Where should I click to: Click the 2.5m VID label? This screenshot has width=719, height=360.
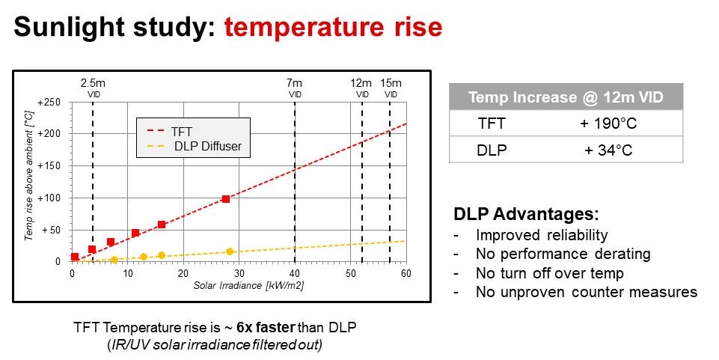point(94,88)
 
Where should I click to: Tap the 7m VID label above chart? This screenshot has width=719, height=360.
point(295,88)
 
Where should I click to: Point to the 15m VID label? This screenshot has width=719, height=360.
point(391,88)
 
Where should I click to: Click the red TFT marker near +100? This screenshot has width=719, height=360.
point(225,199)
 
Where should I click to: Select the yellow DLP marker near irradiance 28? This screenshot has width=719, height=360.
point(230,251)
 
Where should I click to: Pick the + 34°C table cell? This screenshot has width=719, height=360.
point(607,150)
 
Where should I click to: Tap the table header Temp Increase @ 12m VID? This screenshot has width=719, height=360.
point(566,97)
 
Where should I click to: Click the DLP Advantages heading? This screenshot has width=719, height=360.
point(526,213)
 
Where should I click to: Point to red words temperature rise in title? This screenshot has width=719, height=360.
point(333,28)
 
